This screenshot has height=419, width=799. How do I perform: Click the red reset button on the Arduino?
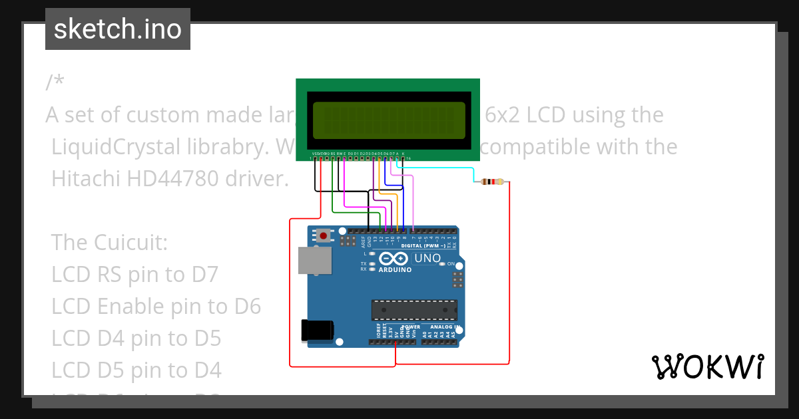(x=324, y=235)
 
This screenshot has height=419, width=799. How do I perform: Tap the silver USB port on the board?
(x=315, y=261)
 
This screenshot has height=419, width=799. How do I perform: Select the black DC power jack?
(x=317, y=331)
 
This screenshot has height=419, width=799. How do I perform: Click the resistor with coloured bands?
(x=492, y=182)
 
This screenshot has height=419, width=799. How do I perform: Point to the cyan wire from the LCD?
(x=439, y=169)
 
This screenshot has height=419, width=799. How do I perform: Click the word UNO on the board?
(x=427, y=258)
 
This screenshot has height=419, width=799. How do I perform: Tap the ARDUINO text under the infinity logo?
(x=395, y=270)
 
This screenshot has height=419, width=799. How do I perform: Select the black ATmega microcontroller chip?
(x=414, y=310)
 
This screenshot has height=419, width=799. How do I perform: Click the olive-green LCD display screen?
(x=386, y=120)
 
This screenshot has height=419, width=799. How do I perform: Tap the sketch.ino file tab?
(x=118, y=29)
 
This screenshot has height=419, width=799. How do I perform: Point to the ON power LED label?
(x=451, y=264)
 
